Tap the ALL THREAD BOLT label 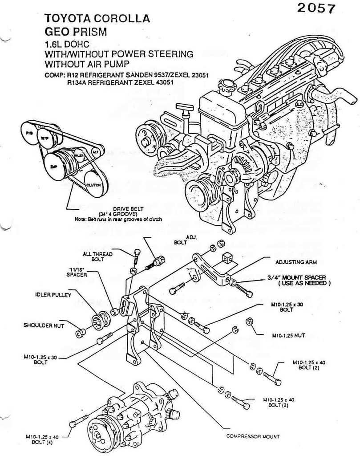pos(97,256)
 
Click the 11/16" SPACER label pos(77,272)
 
